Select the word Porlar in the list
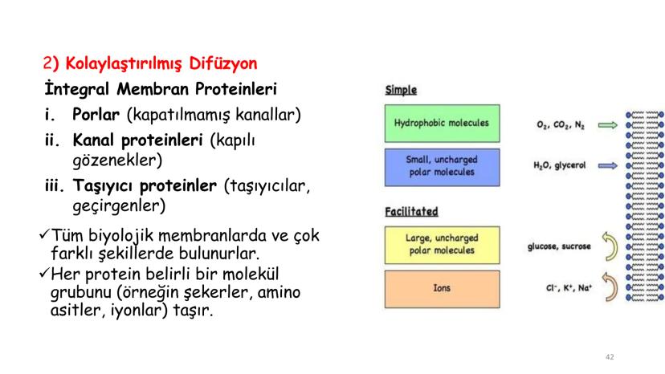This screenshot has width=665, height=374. [96, 115]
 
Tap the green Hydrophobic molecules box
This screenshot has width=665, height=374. [441, 123]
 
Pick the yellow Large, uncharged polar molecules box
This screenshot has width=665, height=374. [441, 245]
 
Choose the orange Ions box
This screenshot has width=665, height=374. [441, 288]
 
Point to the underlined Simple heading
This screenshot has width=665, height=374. [401, 91]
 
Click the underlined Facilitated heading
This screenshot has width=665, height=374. [410, 212]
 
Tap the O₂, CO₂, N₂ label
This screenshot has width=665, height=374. [561, 125]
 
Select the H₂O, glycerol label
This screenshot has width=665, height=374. [560, 166]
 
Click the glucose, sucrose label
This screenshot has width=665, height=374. [559, 246]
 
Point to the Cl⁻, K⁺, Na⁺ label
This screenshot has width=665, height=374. [562, 287]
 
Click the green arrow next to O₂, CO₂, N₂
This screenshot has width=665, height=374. [609, 124]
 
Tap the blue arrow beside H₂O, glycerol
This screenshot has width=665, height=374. [609, 166]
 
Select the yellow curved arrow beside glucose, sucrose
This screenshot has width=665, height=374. [610, 248]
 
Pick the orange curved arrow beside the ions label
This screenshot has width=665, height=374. [610, 288]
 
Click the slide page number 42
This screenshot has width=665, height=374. [610, 356]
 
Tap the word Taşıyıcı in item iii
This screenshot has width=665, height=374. [104, 186]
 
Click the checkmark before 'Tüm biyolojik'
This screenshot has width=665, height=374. [45, 235]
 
